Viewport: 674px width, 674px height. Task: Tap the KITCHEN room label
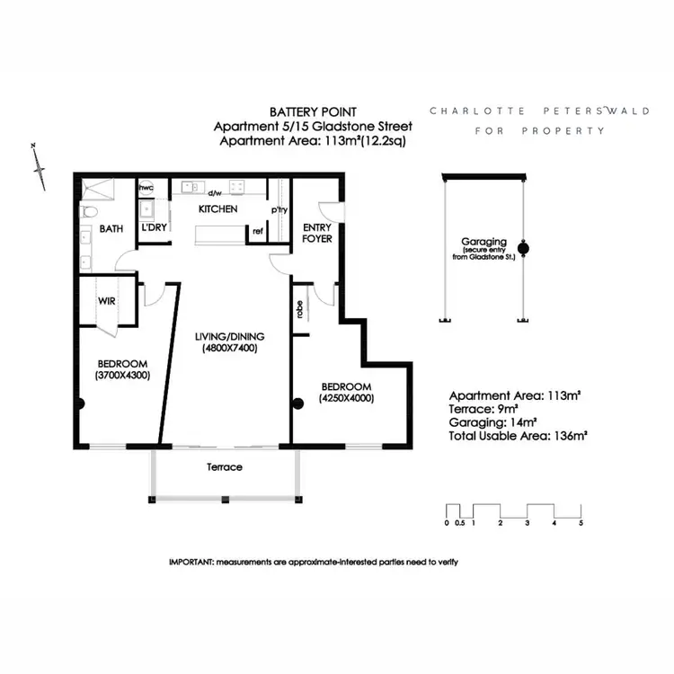(x=217, y=209)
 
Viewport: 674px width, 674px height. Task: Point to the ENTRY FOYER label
(x=317, y=234)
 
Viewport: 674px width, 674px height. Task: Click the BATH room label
(x=111, y=229)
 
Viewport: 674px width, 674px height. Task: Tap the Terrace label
(x=225, y=467)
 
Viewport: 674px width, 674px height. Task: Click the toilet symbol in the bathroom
(x=88, y=213)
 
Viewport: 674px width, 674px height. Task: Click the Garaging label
(x=484, y=242)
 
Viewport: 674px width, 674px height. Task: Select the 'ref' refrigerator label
(x=257, y=231)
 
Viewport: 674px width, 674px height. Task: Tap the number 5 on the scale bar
(x=581, y=522)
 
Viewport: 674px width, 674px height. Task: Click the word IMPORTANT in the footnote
(x=191, y=561)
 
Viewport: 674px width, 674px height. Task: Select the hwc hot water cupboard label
(x=146, y=189)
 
